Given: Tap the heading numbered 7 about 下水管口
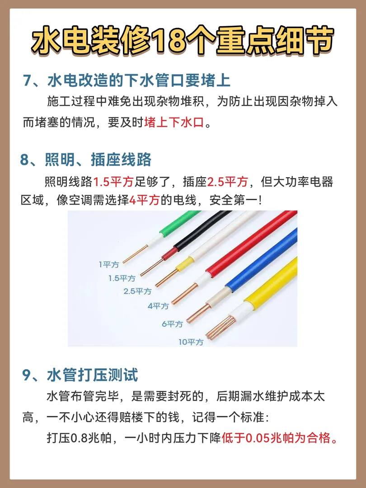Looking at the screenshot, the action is click(127, 80).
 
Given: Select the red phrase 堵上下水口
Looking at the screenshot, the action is click(174, 122).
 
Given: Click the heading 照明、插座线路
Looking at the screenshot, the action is click(85, 160).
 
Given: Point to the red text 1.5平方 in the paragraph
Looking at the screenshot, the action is click(113, 182).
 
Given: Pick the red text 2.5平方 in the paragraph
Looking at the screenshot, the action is click(227, 182).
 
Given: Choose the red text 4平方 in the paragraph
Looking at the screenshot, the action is click(145, 200).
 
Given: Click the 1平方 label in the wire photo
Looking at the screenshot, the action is click(109, 264).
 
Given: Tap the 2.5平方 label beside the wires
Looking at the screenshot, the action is click(137, 291).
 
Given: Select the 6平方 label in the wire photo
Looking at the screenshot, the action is click(172, 324).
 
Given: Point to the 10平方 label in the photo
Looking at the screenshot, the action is click(191, 342).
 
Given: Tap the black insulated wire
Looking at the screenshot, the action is click(202, 230).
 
